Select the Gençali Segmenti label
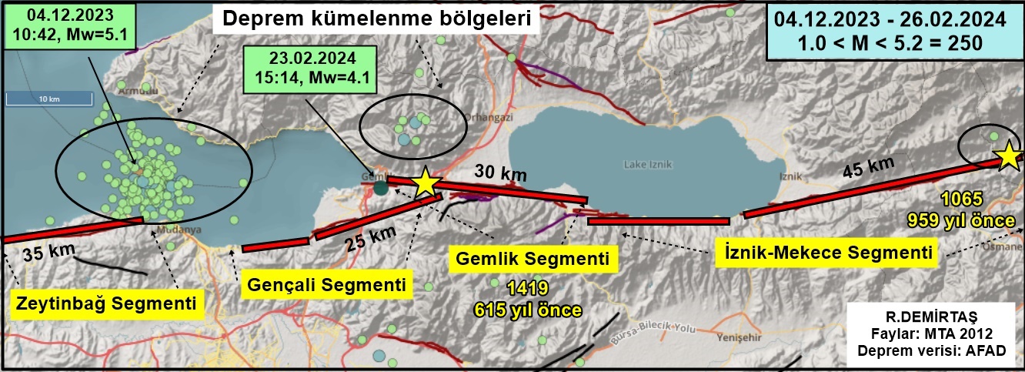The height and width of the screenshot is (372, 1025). pyautogui.click(x=326, y=285)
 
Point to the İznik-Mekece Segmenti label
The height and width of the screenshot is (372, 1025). pyautogui.click(x=824, y=251)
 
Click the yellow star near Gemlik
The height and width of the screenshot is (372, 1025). pyautogui.click(x=426, y=183)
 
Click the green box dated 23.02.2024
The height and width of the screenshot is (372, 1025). pyautogui.click(x=309, y=70)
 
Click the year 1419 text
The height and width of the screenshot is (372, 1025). pyautogui.click(x=527, y=290)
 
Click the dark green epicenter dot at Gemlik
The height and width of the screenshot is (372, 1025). pyautogui.click(x=381, y=186)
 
